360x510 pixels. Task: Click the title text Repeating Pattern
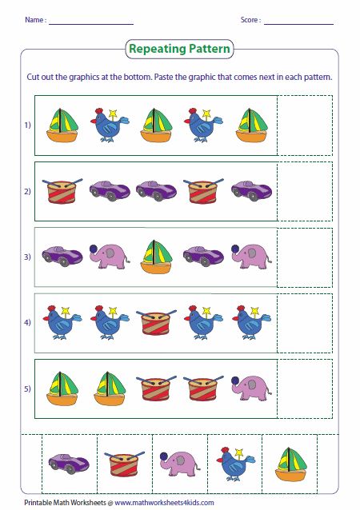coord(179,50)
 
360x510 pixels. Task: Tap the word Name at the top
coord(34,19)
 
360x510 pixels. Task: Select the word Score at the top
coord(250,19)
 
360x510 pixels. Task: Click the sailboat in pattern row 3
coord(156,257)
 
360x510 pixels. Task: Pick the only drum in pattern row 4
coord(156,323)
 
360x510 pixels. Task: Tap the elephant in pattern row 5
coord(251,387)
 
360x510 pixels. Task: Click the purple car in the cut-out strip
coord(64,462)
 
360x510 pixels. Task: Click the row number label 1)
coord(26,126)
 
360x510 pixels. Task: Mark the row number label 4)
coord(26,323)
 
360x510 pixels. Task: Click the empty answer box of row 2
coord(305,190)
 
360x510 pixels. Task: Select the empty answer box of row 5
coord(305,388)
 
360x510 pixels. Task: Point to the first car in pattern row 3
coord(62,256)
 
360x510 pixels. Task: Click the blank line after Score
coord(298,21)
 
